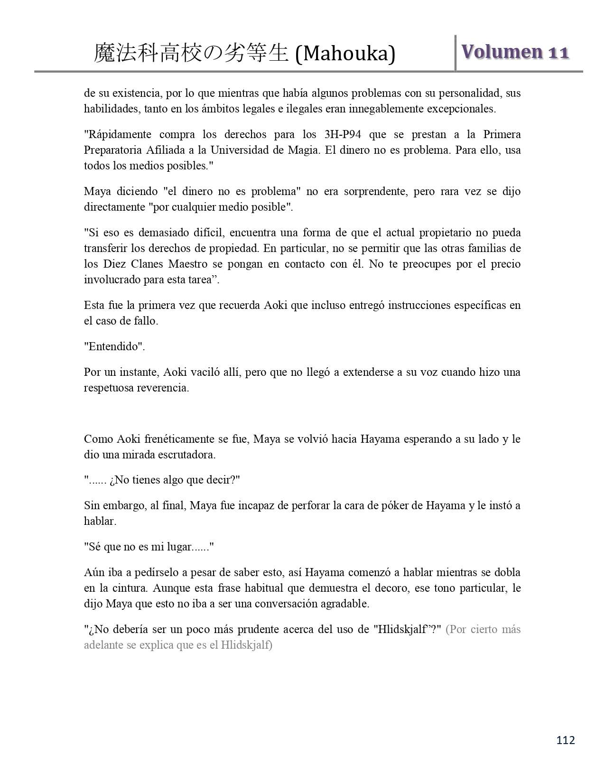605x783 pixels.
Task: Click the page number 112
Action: coord(565,740)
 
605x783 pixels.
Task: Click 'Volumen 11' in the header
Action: coord(515,52)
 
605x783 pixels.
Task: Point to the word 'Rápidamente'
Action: coord(120,134)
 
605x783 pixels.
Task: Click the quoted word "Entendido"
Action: coord(114,346)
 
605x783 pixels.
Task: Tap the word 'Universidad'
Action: coord(247,150)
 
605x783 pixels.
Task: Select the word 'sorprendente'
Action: coord(364,191)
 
